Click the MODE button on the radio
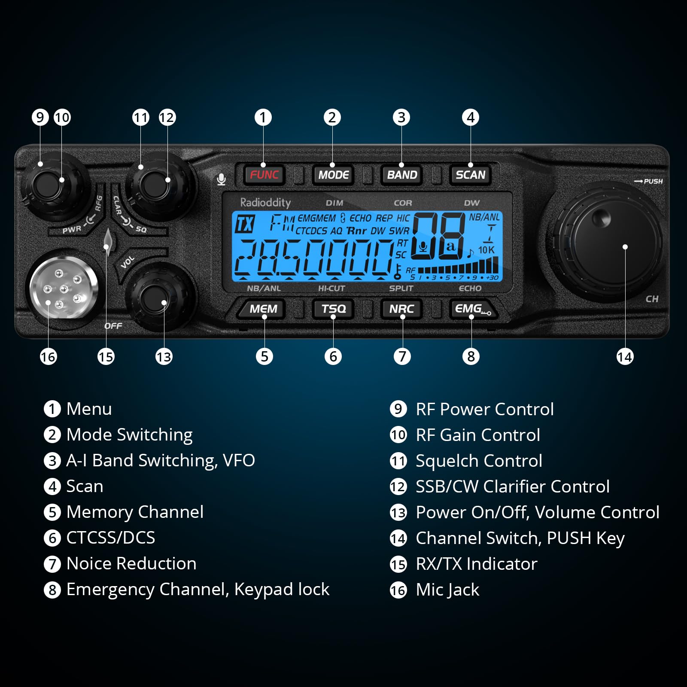333,175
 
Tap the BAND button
402,175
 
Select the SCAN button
471,175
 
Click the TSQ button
333,309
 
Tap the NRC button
401,309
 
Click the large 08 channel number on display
438,236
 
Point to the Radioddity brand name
265,202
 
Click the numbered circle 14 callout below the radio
625,356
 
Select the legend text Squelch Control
479,461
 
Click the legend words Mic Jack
447,590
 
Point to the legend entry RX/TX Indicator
477,564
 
